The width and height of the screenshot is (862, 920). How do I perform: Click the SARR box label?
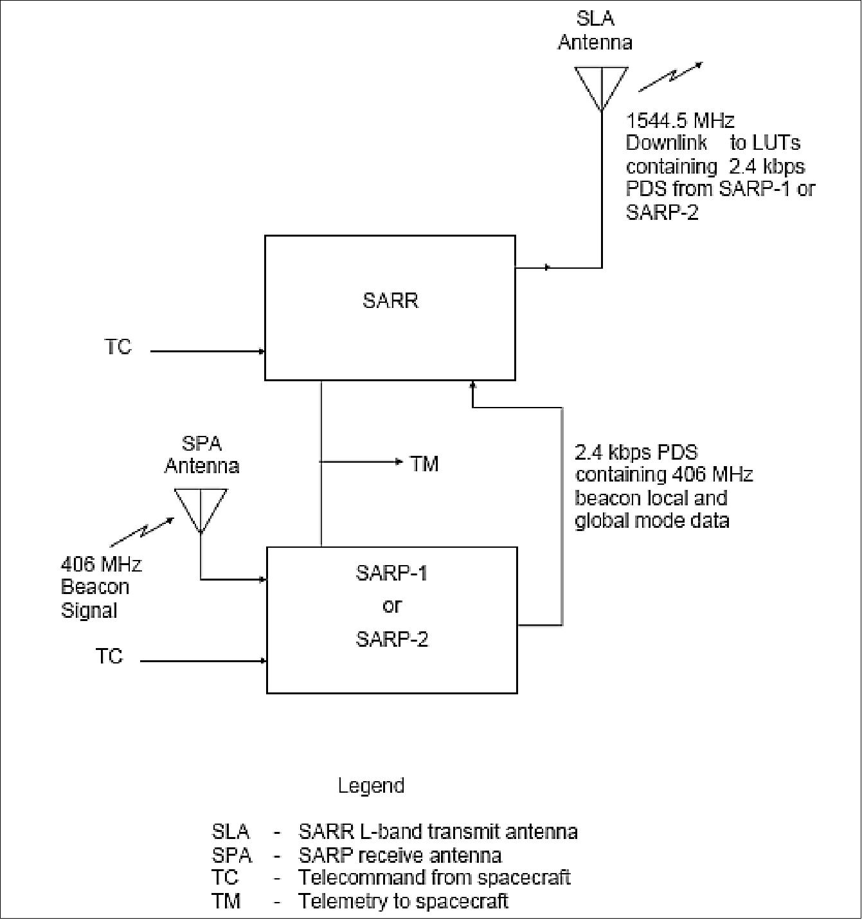[x=390, y=301]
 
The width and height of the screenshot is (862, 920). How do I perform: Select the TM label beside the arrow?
[x=424, y=463]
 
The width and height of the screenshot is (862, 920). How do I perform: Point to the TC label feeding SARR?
[x=118, y=347]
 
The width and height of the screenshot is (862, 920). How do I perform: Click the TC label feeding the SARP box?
[x=109, y=656]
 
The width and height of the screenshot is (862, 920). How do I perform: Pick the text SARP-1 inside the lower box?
[x=391, y=573]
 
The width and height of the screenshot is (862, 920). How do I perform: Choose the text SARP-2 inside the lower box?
[x=391, y=639]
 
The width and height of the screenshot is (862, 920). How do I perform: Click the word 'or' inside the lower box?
[x=391, y=606]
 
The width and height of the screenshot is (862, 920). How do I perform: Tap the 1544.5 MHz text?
[x=680, y=120]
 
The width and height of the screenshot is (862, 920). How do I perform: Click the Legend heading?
[x=371, y=786]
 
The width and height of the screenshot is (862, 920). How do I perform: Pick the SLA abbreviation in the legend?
[x=230, y=832]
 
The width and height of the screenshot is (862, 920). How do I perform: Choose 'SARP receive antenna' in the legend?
[x=400, y=856]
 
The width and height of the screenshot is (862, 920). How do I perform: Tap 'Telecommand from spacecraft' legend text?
[x=434, y=878]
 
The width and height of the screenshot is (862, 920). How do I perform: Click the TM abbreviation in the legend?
[x=226, y=901]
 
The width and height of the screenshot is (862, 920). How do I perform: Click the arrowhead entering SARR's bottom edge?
[x=472, y=385]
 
